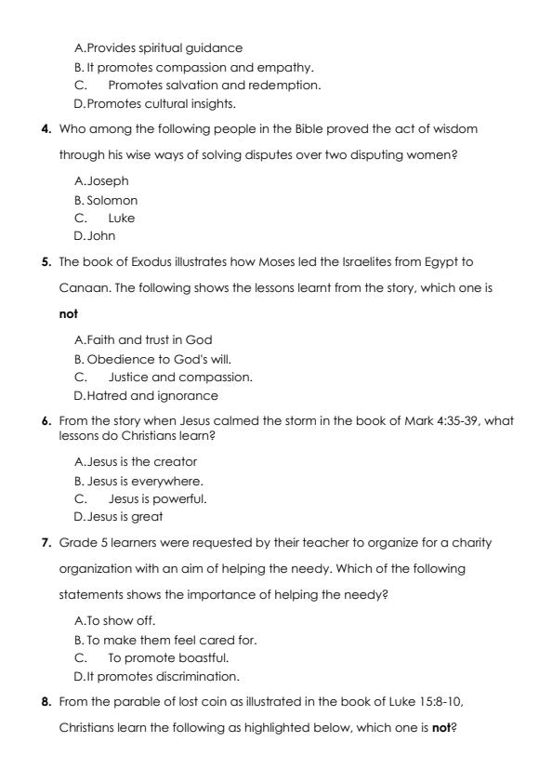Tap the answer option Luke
pyautogui.click(x=121, y=218)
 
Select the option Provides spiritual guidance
pyautogui.click(x=151, y=47)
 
